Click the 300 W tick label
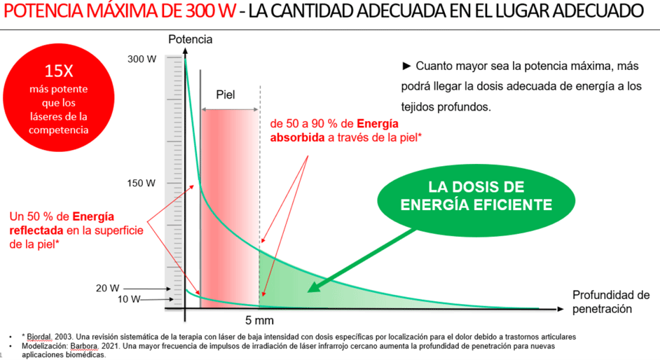coord(142,60)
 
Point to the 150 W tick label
coord(141,184)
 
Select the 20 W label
coord(107,288)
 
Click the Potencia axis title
coord(190,39)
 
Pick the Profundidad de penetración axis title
coord(610,301)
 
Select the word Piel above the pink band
coord(226,95)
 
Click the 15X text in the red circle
coord(60,71)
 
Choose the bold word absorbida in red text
coord(297,137)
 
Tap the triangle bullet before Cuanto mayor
coord(406,67)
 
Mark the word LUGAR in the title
coord(537,12)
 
